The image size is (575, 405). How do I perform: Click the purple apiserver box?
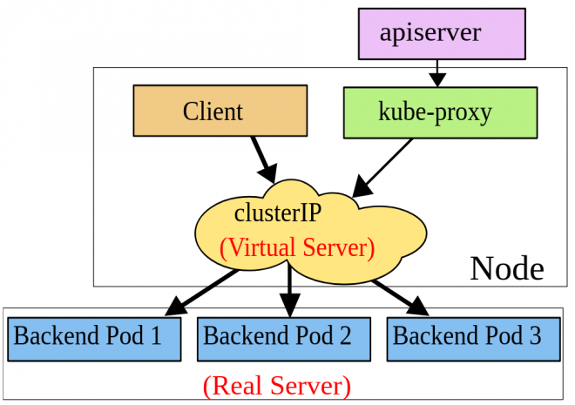coord(443,34)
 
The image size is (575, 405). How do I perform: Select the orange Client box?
coord(220,111)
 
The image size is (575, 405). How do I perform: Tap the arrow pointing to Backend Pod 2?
coord(289,292)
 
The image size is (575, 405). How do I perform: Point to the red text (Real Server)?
coord(277,383)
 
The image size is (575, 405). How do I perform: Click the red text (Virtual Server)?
coord(296,247)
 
